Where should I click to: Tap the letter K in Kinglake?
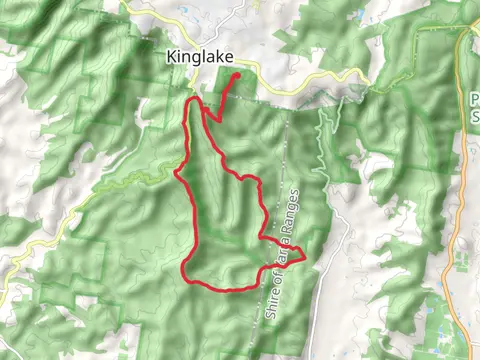click(171, 58)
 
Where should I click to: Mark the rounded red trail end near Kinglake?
click(237, 75)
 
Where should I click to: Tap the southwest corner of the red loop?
click(184, 272)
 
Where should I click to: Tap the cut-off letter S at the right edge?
click(474, 117)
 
